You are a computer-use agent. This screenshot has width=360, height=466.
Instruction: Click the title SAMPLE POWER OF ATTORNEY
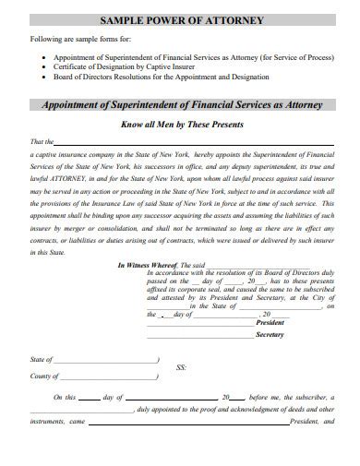179,19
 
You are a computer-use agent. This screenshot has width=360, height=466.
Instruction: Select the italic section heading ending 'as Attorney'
180,104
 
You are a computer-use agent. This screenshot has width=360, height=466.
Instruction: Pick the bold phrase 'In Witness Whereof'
148,266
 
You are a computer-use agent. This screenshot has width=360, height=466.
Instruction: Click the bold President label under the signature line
269,323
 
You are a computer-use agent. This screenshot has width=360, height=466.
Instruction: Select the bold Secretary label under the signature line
269,336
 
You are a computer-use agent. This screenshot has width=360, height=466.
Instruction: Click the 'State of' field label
41,359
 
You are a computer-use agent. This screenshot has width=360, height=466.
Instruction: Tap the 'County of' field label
43,377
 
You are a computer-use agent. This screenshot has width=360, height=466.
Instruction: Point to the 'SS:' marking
181,367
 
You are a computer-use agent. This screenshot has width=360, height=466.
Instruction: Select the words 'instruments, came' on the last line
56,421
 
